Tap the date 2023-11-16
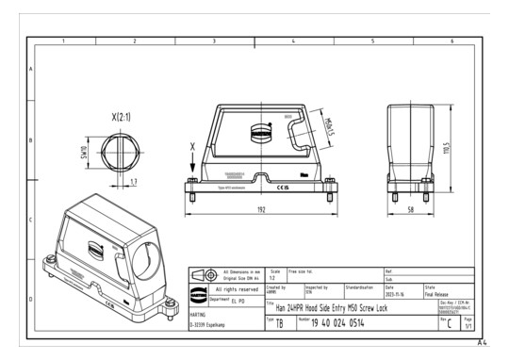point(396,295)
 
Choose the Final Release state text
point(440,295)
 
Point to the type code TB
point(280,323)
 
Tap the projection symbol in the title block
point(203,274)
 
